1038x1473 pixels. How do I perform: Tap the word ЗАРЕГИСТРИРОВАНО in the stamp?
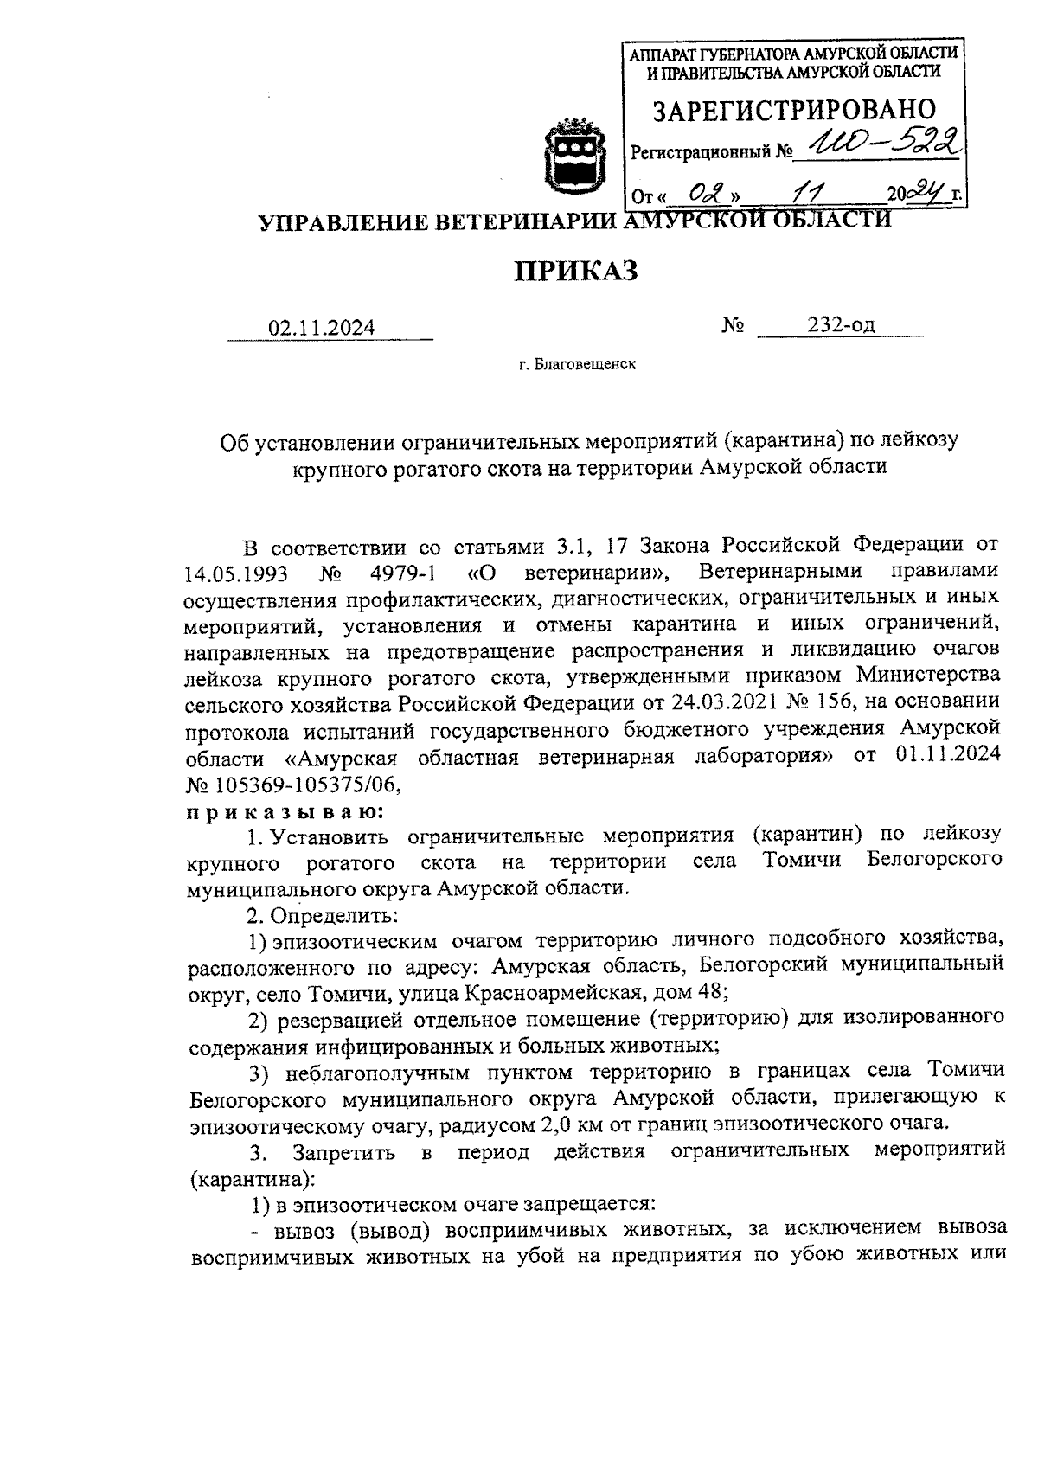[794, 110]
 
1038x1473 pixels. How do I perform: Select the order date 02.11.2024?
[322, 328]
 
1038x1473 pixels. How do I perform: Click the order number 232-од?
[841, 324]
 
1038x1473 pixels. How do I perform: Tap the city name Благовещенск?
[586, 364]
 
